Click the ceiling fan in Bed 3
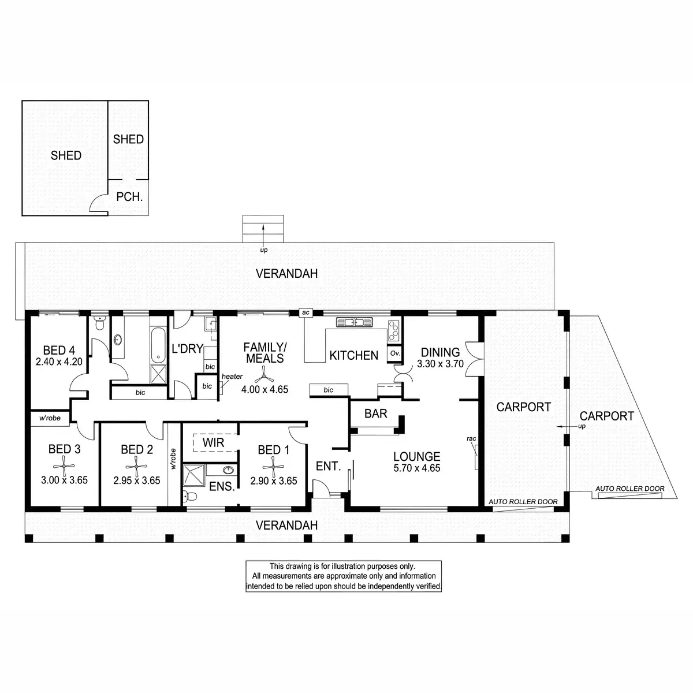[x=64, y=466]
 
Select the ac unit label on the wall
[x=305, y=312]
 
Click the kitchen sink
[x=354, y=322]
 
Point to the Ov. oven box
[x=395, y=353]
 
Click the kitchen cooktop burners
[x=394, y=330]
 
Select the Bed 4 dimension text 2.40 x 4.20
[x=59, y=362]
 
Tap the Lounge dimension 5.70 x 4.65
[x=417, y=468]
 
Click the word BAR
[x=375, y=413]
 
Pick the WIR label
[x=213, y=442]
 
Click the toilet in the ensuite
[x=190, y=496]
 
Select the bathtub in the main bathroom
[x=158, y=345]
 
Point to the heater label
[x=232, y=376]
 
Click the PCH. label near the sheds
[x=129, y=197]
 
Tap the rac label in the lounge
[x=471, y=438]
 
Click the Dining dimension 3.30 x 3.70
[x=440, y=364]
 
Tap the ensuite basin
[x=228, y=470]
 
